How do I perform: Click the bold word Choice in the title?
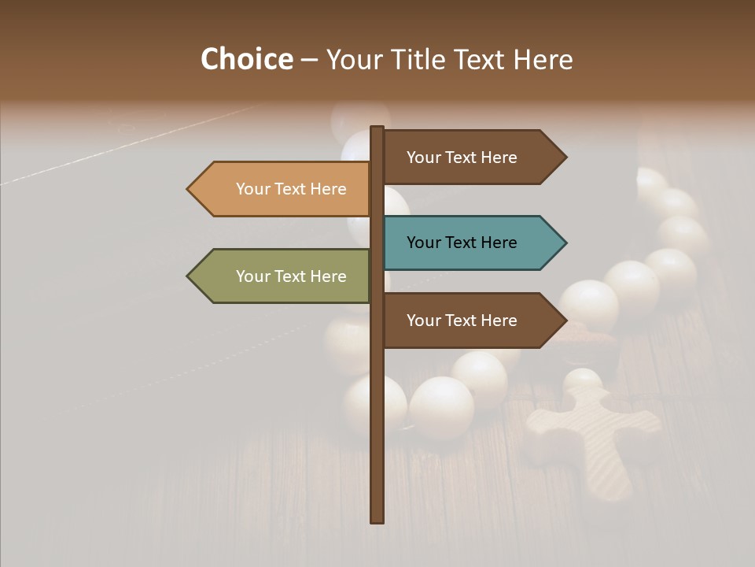coord(246,60)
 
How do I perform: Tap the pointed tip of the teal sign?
coord(565,243)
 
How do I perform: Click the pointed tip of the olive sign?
coord(189,276)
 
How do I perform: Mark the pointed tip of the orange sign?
coord(189,189)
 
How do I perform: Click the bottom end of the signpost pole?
coord(377,520)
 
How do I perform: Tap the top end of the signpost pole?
coord(377,128)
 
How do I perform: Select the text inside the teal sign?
coord(462,243)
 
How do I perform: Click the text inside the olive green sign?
coord(291,276)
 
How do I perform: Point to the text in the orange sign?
coord(291,189)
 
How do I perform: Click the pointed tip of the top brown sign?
coord(565,157)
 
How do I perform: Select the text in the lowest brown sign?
coord(462,321)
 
